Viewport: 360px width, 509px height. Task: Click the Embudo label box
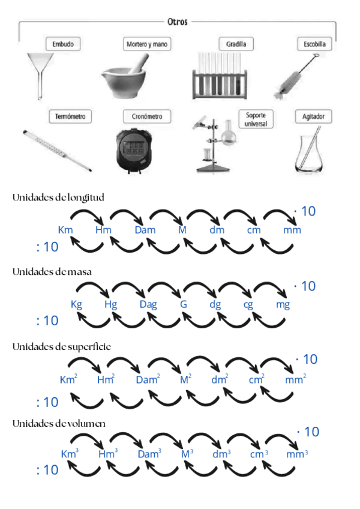(x=63, y=44)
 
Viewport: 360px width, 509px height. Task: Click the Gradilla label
(x=235, y=44)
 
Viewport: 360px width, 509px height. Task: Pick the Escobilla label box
(x=314, y=44)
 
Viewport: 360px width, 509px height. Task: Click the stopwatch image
(x=132, y=147)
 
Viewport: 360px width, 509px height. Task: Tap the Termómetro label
(x=70, y=116)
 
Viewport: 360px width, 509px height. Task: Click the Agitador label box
(x=313, y=116)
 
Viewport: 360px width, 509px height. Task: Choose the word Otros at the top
(x=178, y=22)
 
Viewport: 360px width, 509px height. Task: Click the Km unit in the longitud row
(x=65, y=230)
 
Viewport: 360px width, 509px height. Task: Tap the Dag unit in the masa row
(x=148, y=304)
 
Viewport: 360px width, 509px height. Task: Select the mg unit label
(x=283, y=304)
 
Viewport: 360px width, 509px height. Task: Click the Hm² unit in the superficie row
(x=106, y=379)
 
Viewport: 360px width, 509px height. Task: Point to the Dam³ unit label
(x=149, y=454)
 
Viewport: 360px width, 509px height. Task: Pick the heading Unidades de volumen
(x=59, y=423)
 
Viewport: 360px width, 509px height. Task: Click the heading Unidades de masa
(x=52, y=272)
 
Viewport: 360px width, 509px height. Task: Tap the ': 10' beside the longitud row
(x=47, y=247)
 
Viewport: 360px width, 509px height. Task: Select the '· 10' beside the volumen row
(x=308, y=432)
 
